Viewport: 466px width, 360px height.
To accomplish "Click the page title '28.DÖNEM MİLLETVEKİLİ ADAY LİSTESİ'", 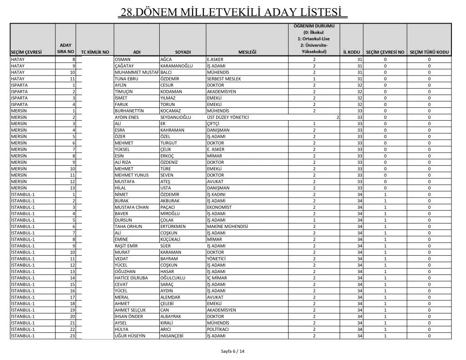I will tap(233, 11).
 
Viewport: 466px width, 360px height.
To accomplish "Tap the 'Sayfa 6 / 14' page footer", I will tap(233, 351).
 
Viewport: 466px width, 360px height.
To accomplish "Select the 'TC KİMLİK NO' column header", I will tap(95, 52).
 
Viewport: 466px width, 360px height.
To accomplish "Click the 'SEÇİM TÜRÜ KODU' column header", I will tap(429, 52).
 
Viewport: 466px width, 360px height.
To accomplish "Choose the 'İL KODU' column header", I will tap(351, 52).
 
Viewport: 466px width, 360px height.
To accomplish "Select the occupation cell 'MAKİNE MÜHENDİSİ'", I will tap(227, 227).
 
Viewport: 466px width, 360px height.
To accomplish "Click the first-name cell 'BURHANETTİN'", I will tap(129, 111).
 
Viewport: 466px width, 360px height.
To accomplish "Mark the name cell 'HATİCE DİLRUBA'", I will tap(132, 278).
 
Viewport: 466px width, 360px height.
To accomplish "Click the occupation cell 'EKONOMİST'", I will tap(219, 208).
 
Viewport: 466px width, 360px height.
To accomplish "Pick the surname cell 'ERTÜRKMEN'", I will tap(173, 227).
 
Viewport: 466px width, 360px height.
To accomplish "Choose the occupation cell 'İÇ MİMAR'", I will tap(217, 278).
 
